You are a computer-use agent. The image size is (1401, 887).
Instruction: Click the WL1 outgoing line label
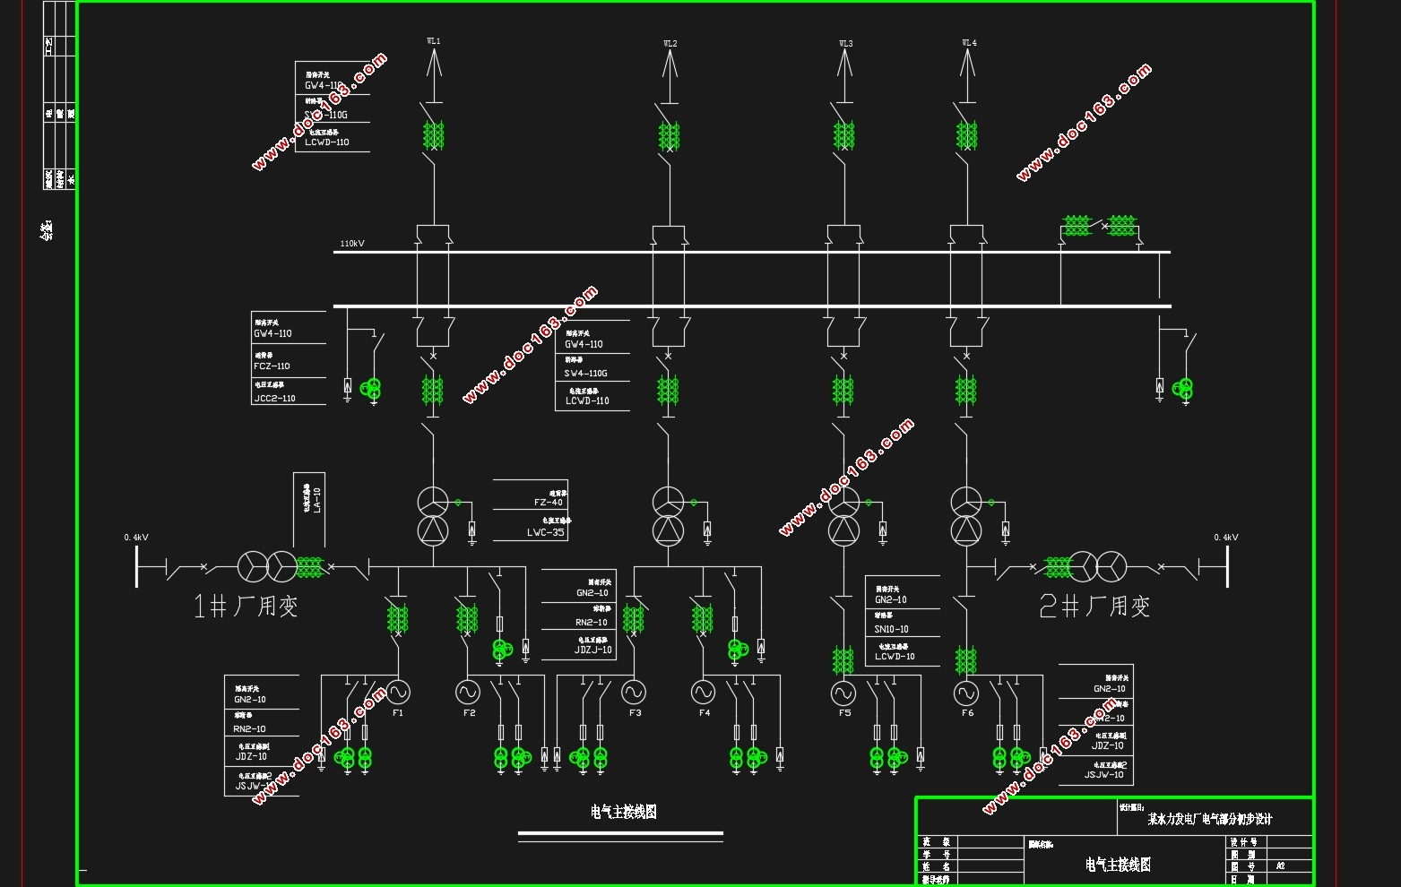point(433,41)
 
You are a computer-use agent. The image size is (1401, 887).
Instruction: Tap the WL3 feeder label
point(845,43)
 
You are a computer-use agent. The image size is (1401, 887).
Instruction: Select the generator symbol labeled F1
point(398,692)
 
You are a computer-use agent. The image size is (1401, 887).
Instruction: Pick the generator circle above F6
point(966,693)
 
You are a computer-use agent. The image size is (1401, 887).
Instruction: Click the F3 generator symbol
point(634,692)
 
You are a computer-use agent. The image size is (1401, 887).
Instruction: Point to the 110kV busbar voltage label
point(352,244)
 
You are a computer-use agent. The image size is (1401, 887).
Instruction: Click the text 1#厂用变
point(246,607)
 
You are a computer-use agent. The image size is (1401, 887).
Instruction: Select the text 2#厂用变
point(1094,607)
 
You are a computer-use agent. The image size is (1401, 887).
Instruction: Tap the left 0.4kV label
point(136,538)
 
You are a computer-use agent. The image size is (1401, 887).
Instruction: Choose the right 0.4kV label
point(1225,538)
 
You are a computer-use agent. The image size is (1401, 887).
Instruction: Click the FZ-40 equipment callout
point(548,503)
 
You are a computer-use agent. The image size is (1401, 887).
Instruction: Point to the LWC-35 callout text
point(545,532)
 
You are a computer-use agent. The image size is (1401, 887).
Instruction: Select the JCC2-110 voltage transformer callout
point(274,399)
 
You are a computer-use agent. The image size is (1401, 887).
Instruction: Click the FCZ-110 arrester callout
point(272,366)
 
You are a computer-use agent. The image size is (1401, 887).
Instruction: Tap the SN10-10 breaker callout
point(891,629)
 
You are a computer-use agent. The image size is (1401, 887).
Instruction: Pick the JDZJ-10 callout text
point(592,650)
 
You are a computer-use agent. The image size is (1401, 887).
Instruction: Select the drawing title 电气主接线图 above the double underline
point(624,812)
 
